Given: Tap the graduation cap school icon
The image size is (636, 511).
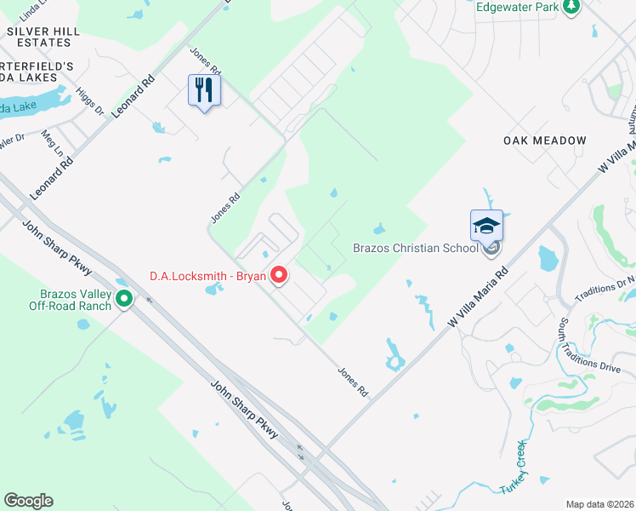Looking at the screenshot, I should click(x=486, y=226).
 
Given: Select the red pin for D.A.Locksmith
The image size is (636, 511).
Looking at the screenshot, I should click(x=279, y=275).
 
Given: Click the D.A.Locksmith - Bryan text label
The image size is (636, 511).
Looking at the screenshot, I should click(x=207, y=275).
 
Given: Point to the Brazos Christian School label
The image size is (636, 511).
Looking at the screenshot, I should click(x=415, y=249).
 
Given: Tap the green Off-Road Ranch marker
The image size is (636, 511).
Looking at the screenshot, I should click(x=124, y=299).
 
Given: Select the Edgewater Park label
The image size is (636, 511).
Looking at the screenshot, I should click(x=517, y=7).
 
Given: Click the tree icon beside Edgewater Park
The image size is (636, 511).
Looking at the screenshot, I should click(x=572, y=7).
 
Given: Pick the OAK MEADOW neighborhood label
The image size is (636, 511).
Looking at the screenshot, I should click(x=544, y=141).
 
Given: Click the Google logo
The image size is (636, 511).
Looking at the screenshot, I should click(x=28, y=501).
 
